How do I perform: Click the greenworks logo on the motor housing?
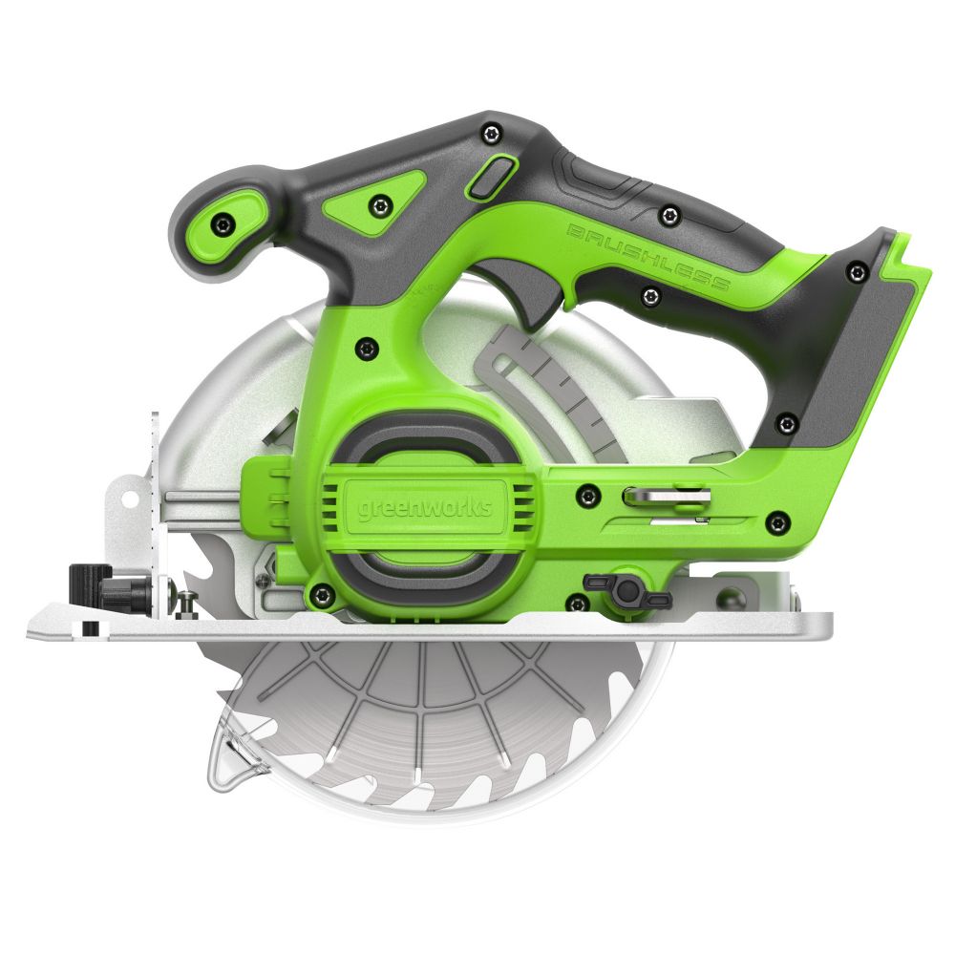[426, 507]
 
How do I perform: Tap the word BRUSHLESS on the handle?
[649, 257]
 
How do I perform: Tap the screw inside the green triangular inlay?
[382, 202]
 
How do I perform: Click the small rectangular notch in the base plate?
[89, 627]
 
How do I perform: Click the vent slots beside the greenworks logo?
[521, 506]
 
